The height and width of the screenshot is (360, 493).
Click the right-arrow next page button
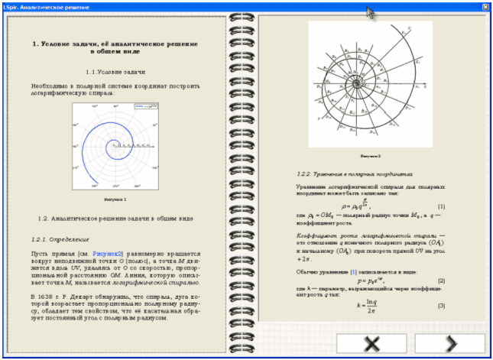(x=450, y=343)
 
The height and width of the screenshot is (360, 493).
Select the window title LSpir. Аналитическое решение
(x=43, y=5)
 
